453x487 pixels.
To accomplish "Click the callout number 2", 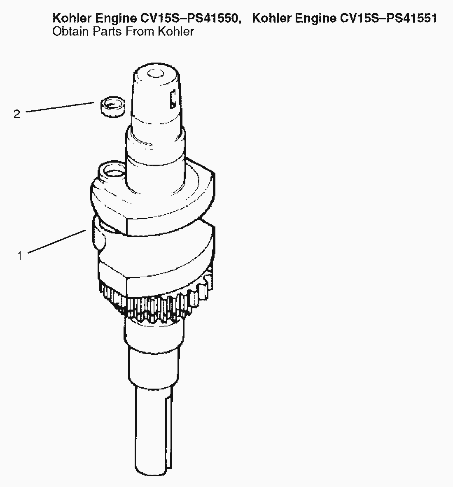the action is [17, 114].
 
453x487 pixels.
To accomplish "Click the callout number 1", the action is [19, 256].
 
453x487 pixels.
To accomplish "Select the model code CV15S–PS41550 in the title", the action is [190, 19].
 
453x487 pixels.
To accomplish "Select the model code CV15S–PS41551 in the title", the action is [389, 19].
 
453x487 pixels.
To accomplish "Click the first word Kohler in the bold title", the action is [72, 19].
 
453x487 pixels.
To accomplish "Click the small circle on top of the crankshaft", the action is [155, 74].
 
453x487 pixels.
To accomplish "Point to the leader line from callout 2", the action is [60, 107].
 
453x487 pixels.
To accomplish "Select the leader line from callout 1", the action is [57, 241].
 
